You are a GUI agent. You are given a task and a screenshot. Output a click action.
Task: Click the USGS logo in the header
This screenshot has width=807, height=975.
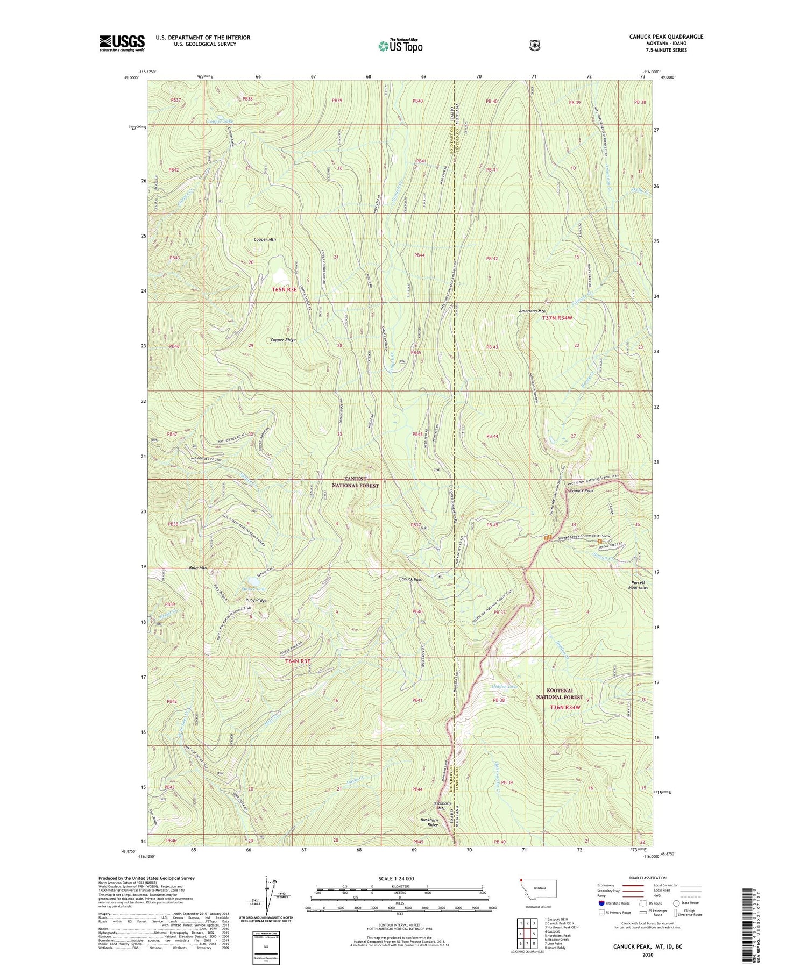coord(122,43)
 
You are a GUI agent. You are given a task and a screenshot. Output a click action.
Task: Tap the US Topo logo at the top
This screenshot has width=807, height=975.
coord(400,46)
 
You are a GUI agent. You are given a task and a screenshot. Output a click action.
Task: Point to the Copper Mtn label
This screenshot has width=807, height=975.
coord(265,239)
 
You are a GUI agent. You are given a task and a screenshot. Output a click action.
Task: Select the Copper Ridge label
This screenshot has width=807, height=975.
coord(283,340)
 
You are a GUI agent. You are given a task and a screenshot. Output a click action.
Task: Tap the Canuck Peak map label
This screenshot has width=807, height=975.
coord(582,490)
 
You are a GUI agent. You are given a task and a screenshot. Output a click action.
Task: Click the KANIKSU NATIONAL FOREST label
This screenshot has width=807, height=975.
coord(362,482)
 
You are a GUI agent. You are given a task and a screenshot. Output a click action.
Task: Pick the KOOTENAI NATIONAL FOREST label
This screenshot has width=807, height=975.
coord(560,693)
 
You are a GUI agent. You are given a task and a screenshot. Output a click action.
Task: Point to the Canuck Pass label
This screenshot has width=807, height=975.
coord(410,579)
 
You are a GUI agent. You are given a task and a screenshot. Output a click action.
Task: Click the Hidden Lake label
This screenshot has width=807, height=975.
coord(504,687)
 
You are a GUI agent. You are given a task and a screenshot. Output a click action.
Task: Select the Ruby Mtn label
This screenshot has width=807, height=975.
coord(198,567)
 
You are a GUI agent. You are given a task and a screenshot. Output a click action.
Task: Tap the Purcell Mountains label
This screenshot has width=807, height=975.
coord(638,585)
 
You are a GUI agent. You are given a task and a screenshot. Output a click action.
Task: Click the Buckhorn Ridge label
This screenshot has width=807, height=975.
coord(429,822)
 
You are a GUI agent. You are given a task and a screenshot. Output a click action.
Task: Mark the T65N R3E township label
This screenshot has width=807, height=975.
coord(284,290)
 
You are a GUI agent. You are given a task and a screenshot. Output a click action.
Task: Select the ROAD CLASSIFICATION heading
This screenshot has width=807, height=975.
coord(649,875)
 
